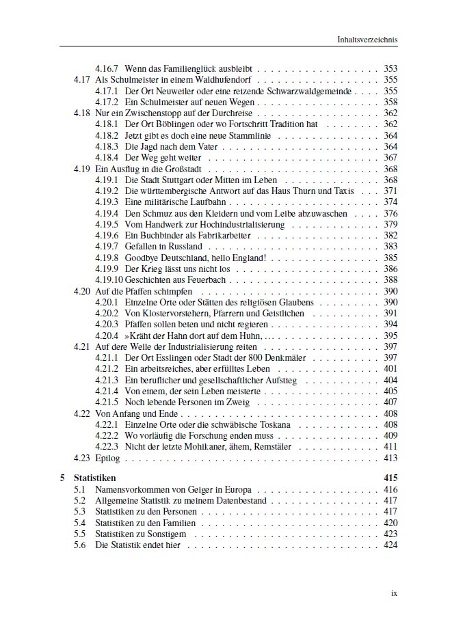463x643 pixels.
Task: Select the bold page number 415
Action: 390,478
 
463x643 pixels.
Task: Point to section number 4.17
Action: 81,79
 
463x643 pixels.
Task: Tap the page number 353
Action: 391,68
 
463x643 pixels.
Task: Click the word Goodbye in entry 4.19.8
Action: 141,258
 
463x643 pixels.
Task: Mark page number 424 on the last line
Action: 391,546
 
